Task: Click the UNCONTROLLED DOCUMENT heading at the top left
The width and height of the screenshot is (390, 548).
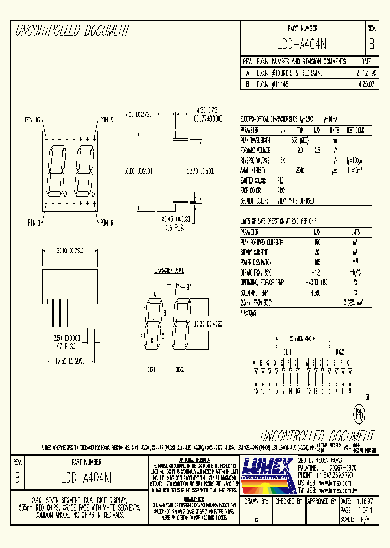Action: tap(73, 31)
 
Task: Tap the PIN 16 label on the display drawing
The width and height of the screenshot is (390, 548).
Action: tap(33, 120)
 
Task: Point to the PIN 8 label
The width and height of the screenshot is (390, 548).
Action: tap(106, 222)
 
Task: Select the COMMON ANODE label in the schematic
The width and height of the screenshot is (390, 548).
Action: tap(302, 338)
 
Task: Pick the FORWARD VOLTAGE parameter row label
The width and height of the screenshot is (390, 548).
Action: tap(255, 150)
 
